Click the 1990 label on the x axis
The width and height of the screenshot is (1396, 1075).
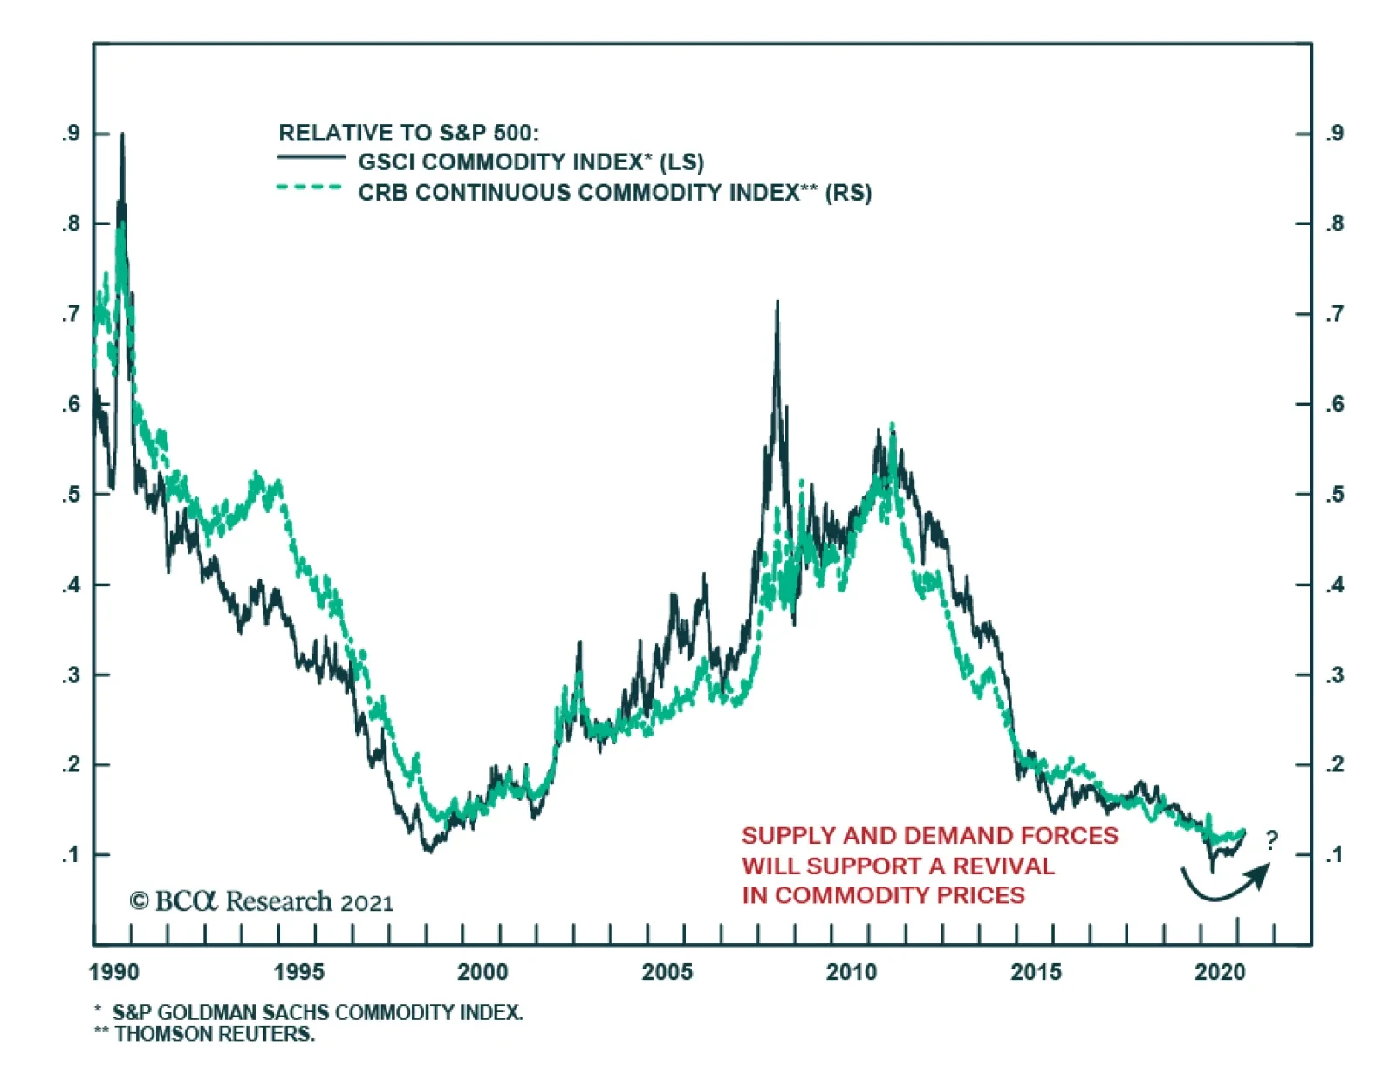point(113,972)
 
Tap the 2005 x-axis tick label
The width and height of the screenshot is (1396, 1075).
point(667,972)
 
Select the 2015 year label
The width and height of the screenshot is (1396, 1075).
point(1036,972)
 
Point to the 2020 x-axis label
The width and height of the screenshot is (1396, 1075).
point(1220,972)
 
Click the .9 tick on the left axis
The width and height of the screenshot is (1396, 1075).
point(71,134)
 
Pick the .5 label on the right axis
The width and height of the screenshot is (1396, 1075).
point(1334,494)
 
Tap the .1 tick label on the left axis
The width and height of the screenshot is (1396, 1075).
point(71,854)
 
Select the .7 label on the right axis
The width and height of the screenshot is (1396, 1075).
point(1334,314)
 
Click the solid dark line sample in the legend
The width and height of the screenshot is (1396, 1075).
point(311,158)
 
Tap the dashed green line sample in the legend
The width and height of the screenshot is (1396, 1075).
point(311,188)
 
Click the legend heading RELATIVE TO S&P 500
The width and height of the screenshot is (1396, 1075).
point(408,133)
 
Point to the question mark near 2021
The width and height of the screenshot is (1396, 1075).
point(1271,840)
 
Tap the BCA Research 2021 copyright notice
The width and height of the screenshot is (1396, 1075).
point(262,901)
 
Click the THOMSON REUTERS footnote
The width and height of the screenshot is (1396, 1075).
point(214,1034)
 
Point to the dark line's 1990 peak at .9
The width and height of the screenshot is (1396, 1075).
point(122,134)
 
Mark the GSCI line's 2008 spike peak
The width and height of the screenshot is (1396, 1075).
point(777,303)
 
